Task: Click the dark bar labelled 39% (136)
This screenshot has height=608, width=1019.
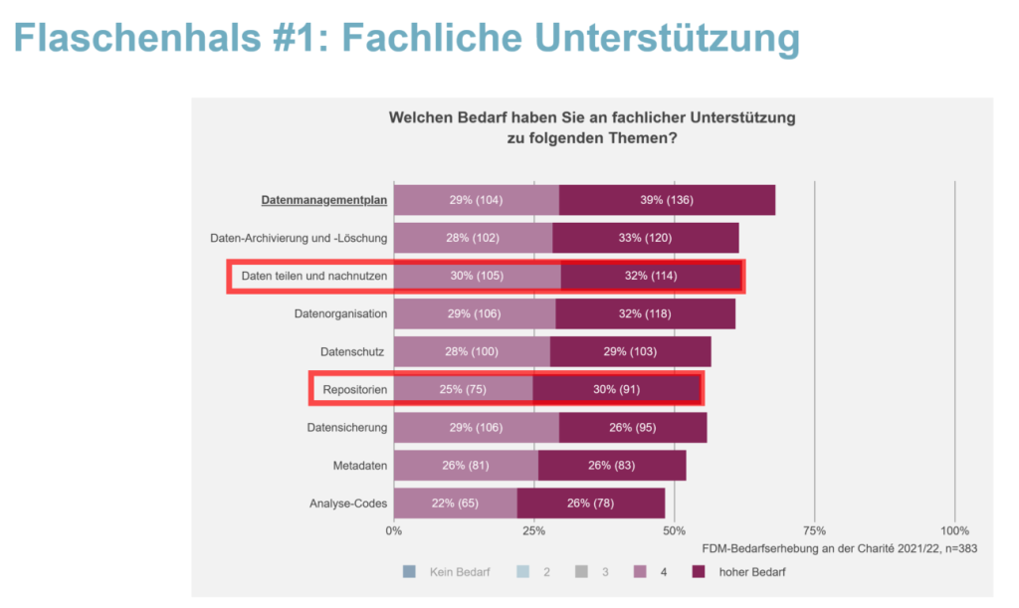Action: point(667,200)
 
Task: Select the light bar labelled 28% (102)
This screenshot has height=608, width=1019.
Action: point(473,238)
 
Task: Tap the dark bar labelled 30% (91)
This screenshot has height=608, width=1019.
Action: point(617,389)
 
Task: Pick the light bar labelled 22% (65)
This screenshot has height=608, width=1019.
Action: point(455,503)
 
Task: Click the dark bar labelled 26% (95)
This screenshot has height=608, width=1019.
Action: point(632,427)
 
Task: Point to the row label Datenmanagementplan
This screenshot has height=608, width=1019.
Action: point(323,200)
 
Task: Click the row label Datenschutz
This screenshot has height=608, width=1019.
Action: point(353,351)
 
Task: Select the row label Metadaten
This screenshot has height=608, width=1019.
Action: point(360,465)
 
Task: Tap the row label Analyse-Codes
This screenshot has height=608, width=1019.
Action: point(347,503)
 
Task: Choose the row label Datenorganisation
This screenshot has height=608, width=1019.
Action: point(340,313)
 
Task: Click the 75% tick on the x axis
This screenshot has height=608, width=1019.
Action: point(814,529)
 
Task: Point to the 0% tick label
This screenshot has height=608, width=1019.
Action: point(394,529)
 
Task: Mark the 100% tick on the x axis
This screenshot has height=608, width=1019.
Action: point(954,529)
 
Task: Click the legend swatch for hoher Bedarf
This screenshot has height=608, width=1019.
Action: point(698,571)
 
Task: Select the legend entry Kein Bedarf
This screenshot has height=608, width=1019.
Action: point(454,571)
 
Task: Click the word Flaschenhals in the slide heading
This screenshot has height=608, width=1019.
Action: point(134,37)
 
